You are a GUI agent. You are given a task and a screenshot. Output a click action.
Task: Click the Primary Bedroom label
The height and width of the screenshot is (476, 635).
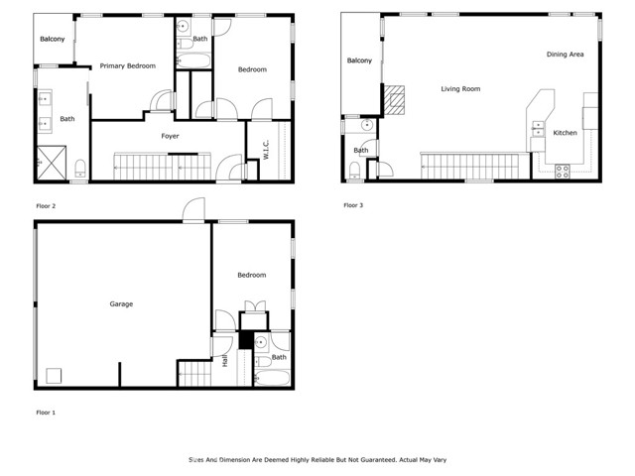127,66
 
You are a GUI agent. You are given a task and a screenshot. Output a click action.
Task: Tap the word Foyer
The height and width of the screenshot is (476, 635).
170,136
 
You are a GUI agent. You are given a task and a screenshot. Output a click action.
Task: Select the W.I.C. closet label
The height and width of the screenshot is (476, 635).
266,149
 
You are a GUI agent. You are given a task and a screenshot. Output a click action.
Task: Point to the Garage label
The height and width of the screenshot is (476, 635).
121,304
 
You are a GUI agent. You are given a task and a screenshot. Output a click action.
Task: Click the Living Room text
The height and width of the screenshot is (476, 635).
460,89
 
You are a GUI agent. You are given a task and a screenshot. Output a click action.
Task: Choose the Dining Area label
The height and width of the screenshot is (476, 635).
565,55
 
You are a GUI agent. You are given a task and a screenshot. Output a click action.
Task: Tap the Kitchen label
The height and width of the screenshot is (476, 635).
565,133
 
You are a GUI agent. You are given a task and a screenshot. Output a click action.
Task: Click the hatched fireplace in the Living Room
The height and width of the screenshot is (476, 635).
395,98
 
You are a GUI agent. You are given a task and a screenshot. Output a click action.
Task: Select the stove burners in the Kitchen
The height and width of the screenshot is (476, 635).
563,170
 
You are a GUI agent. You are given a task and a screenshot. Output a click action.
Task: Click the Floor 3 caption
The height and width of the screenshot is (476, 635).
353,205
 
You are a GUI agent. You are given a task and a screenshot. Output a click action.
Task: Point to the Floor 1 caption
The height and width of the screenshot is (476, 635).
46,412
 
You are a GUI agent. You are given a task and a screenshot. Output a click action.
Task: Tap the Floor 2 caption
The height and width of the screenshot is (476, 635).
46,205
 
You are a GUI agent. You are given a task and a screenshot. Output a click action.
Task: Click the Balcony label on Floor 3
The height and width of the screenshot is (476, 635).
359,61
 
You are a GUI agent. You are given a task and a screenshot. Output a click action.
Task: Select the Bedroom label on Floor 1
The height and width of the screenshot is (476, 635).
251,275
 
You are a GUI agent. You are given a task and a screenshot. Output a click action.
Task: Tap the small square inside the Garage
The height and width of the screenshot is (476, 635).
55,374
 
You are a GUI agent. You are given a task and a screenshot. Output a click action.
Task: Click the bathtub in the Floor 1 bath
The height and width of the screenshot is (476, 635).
270,378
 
